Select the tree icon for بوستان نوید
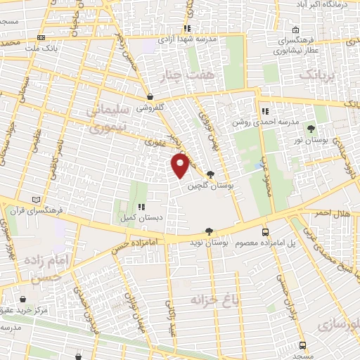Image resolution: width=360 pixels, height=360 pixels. click(208, 231)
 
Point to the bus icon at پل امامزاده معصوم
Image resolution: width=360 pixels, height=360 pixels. click(264, 232)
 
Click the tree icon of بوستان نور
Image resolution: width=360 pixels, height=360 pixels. click(311, 128)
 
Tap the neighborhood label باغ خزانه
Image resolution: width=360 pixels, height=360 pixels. click(207, 300)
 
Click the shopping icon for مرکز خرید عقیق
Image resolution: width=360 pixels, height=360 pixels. click(25, 299)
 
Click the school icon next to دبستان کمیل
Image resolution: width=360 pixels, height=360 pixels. click(141, 207)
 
